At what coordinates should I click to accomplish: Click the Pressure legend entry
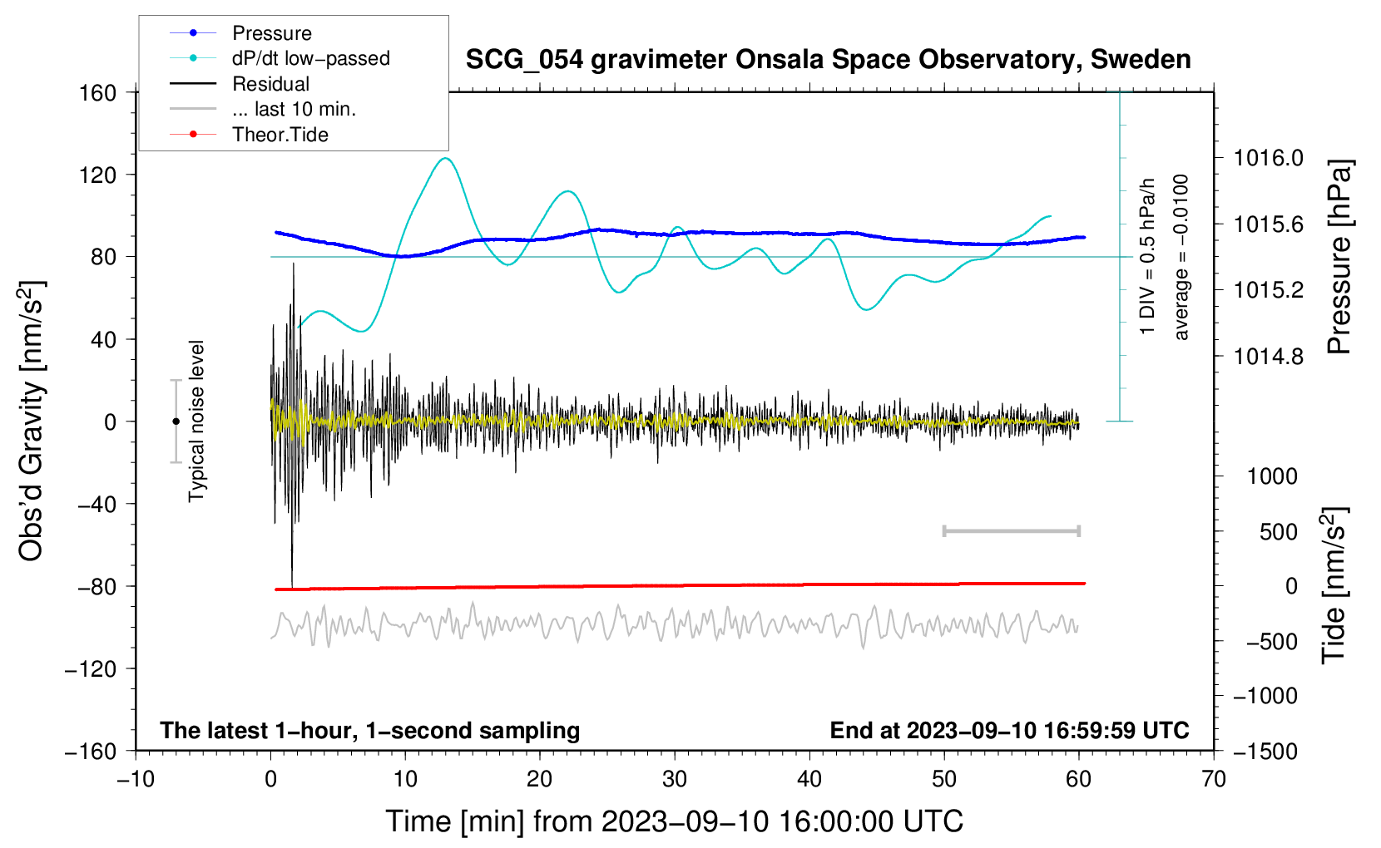(271, 33)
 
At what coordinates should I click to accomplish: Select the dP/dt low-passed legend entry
(310, 58)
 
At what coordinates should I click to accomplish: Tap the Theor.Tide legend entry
(280, 135)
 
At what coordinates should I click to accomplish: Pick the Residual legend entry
(270, 84)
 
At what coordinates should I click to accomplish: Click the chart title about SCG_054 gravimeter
(828, 60)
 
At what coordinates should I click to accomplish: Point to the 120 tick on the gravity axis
(97, 175)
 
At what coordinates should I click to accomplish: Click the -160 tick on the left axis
(91, 751)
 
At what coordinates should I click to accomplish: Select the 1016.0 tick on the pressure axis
(1269, 158)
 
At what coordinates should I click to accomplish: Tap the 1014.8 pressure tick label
(1269, 357)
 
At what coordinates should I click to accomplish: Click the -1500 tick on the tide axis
(1265, 751)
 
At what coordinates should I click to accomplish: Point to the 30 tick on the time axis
(675, 779)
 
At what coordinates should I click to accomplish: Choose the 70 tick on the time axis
(1214, 779)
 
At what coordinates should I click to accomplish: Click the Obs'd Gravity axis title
(32, 421)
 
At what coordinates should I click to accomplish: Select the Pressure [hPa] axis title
(1339, 257)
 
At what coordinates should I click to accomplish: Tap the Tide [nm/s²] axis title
(1334, 585)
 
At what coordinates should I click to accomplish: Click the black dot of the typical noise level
(176, 422)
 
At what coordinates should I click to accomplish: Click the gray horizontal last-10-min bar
(1011, 530)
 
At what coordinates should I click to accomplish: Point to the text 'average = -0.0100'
(1181, 257)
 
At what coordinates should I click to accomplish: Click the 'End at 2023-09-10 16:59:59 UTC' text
(1009, 730)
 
